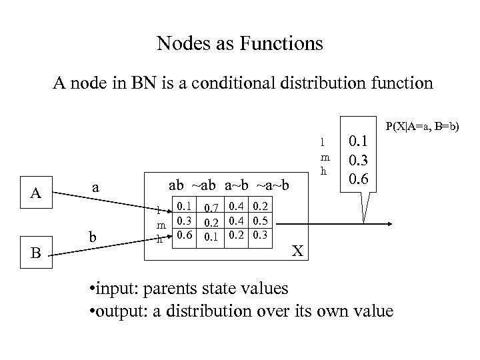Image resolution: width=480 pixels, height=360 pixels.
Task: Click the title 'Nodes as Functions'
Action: click(x=240, y=44)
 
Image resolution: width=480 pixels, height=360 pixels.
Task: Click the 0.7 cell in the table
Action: click(x=213, y=210)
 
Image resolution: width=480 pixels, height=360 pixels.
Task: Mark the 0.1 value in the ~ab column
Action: click(x=213, y=237)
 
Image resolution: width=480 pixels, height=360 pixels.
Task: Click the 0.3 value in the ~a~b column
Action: click(x=261, y=234)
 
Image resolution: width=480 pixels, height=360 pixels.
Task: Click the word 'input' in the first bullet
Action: click(x=121, y=288)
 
